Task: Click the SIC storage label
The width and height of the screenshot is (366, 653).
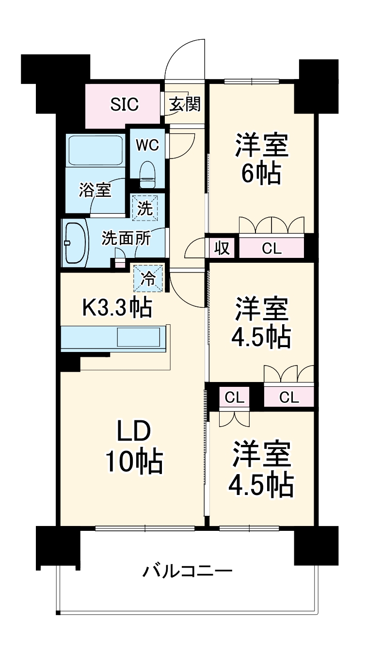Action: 125,104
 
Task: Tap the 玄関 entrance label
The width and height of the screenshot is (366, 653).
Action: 185,104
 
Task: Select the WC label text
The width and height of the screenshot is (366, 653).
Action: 147,145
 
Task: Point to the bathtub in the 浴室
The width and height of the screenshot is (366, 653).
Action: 95,150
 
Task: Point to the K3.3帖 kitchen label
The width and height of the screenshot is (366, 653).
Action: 117,307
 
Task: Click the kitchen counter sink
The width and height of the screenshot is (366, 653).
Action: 138,337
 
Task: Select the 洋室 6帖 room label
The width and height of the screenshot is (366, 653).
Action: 262,158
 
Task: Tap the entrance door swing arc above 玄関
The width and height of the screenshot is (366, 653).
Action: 185,58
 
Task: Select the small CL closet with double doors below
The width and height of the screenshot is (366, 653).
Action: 235,398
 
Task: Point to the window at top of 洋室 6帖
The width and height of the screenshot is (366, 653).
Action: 252,81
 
